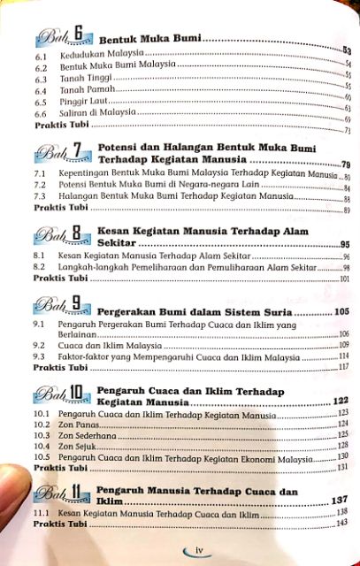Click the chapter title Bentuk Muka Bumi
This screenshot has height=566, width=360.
149,40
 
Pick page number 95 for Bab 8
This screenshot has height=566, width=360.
344,243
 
